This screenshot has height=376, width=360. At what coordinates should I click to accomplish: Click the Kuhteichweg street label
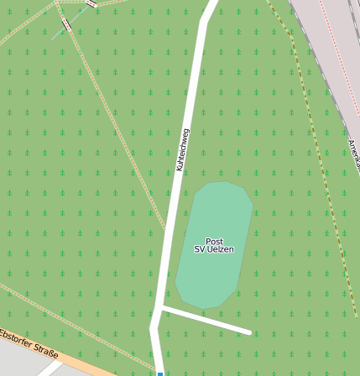182,150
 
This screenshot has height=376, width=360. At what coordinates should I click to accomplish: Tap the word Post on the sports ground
214,241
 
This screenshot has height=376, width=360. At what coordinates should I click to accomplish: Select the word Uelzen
221,249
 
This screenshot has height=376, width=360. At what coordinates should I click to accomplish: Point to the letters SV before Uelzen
200,249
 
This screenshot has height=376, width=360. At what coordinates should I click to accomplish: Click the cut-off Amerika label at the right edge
353,156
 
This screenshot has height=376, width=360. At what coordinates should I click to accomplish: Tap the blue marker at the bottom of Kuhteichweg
159,373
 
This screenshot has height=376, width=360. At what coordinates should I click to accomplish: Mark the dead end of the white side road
248,332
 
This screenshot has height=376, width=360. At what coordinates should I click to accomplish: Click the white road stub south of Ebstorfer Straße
50,369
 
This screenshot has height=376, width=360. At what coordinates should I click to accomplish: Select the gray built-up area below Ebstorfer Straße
17,361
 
